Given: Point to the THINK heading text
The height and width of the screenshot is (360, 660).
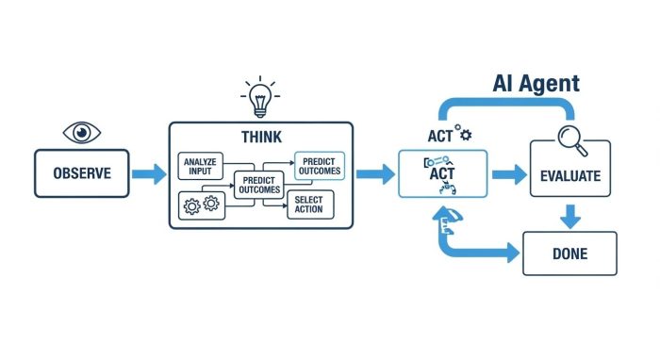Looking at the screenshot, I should tap(260, 137).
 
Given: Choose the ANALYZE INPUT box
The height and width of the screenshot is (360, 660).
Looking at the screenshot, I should tap(201, 167).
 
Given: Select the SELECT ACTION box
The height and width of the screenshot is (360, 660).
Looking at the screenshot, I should tap(308, 205).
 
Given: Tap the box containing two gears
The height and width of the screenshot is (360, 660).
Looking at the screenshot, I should tap(200, 203).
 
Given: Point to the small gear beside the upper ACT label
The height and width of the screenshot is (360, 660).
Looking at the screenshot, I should tap(466, 135).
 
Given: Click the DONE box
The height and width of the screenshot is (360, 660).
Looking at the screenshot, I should tap(569, 253).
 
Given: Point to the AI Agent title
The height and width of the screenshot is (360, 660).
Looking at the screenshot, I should tap(536, 83).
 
